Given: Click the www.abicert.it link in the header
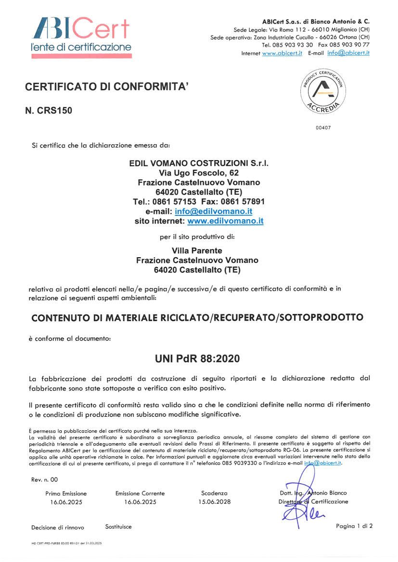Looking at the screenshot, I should pos(282,53).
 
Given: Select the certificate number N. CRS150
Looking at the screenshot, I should pos(49,110).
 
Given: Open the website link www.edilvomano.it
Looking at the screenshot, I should pos(225,221).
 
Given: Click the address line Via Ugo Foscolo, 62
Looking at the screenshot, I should pos(199,173).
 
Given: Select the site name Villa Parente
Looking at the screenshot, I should pos(197,250).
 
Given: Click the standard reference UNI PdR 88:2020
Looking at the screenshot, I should pos(197,359).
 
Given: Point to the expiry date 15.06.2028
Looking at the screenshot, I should pos(215,501).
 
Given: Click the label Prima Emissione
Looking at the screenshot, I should pos(66,493).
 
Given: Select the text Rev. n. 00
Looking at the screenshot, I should pos(45,479).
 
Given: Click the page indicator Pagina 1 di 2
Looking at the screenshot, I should pos(354,525).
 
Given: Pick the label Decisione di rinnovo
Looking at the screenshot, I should pos(58,527).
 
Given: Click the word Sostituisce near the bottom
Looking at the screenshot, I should pos(118,526).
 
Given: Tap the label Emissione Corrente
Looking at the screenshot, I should pos(140,493).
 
